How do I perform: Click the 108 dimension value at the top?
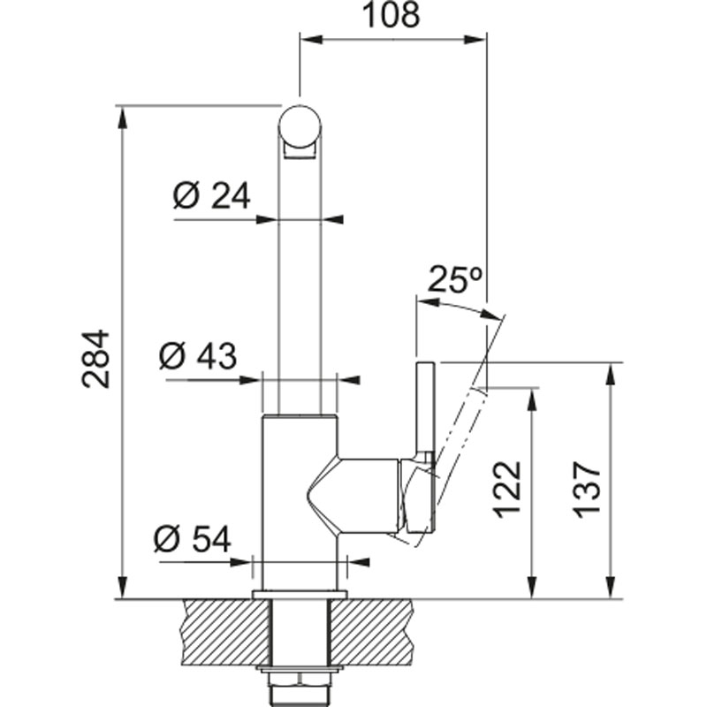[x=391, y=15]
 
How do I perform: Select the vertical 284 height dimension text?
[x=95, y=359]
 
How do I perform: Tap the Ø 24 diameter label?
[x=211, y=196]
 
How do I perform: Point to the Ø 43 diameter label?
[x=197, y=356]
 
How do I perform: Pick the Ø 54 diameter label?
[x=193, y=539]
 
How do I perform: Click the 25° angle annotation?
[x=455, y=279]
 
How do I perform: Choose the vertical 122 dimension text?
[x=506, y=490]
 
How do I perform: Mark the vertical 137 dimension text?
[x=587, y=490]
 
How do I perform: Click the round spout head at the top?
[x=300, y=126]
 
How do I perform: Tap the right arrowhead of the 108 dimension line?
[x=475, y=40]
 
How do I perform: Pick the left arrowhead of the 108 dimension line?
[x=312, y=40]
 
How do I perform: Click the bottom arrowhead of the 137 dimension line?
[x=611, y=587]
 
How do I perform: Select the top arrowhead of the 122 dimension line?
[x=532, y=400]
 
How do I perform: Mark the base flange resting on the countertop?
[x=300, y=595]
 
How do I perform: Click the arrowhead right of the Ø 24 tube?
[x=332, y=219]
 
